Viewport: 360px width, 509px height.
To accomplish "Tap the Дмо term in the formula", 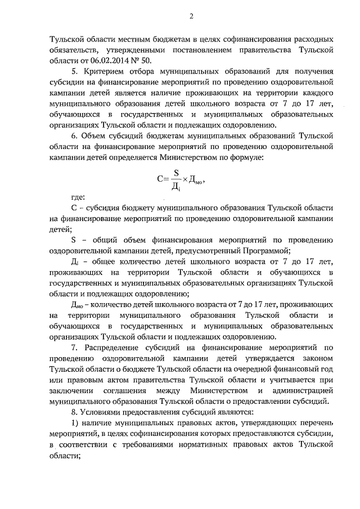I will pyautogui.click(x=196, y=181).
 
